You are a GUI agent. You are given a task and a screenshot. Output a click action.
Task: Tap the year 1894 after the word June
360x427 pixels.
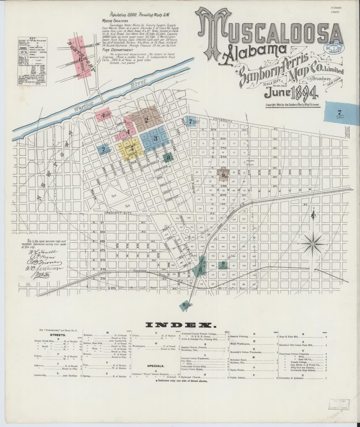click(301, 93)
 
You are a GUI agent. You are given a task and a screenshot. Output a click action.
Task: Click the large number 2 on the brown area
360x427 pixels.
click(146, 119)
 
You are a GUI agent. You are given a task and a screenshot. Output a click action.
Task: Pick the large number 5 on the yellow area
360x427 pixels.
click(132, 149)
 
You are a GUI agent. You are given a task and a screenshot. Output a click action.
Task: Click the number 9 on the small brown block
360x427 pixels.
click(223, 175)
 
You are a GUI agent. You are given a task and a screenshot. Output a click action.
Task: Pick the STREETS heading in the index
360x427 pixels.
click(57, 335)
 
